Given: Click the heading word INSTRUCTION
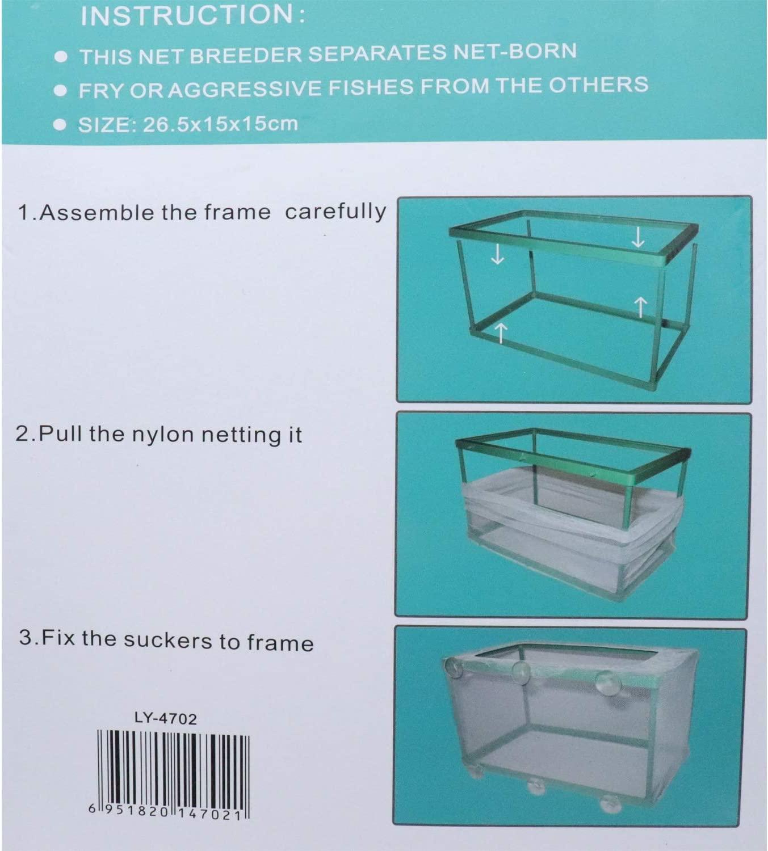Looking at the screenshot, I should (x=187, y=15).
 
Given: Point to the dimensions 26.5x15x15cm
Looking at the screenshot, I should (x=220, y=124).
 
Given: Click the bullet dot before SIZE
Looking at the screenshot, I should (x=58, y=125).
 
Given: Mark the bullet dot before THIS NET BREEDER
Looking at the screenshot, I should (x=62, y=57).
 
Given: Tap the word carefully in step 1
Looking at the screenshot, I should (x=335, y=211).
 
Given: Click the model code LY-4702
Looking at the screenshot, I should (x=166, y=719).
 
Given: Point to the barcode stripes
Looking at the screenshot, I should (x=173, y=766).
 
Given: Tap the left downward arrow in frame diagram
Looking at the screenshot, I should (x=497, y=255).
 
